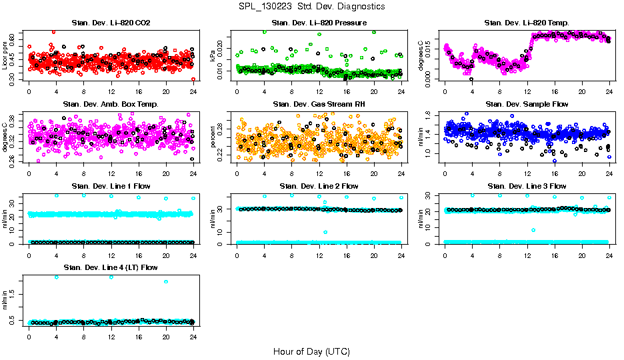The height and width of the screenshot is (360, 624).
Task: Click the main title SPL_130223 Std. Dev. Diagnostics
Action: tap(311, 7)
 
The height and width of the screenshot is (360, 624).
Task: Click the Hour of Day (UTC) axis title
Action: tap(311, 351)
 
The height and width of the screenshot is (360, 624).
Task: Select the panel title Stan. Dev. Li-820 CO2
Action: tap(111, 23)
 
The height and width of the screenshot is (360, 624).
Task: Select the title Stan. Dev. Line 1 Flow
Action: tap(111, 186)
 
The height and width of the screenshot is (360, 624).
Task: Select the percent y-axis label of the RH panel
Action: tap(213, 137)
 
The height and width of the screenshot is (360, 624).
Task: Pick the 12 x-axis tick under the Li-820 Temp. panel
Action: tap(527, 91)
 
